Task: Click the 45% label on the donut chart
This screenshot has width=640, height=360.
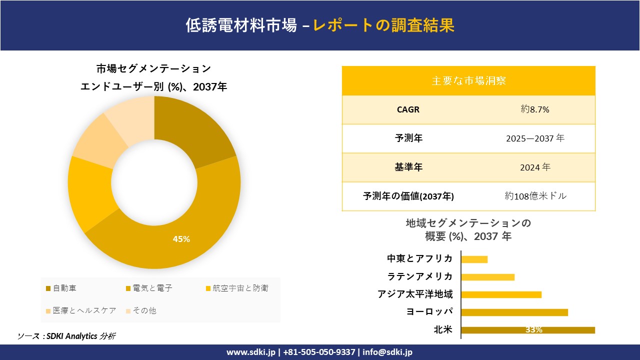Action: (x=181, y=239)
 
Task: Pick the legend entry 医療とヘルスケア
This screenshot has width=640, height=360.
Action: (x=80, y=310)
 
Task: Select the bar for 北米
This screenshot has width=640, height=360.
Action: (x=527, y=330)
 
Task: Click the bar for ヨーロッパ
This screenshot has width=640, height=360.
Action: (x=514, y=312)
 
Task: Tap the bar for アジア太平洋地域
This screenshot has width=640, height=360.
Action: (x=501, y=294)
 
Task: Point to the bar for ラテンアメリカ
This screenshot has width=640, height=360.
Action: (x=487, y=277)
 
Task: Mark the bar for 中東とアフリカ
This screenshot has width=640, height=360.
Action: (x=474, y=259)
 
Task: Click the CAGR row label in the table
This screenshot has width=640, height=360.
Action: (x=408, y=109)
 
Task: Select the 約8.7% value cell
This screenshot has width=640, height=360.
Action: (x=534, y=109)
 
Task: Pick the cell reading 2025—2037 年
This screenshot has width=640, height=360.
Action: (x=534, y=138)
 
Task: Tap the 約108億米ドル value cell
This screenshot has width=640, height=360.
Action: (x=535, y=196)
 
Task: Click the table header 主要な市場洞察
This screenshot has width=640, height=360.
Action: (x=468, y=80)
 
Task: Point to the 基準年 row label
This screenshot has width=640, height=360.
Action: (x=408, y=167)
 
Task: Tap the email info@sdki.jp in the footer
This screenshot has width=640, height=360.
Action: (x=387, y=352)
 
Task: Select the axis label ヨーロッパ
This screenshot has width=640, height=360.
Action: (x=429, y=312)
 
